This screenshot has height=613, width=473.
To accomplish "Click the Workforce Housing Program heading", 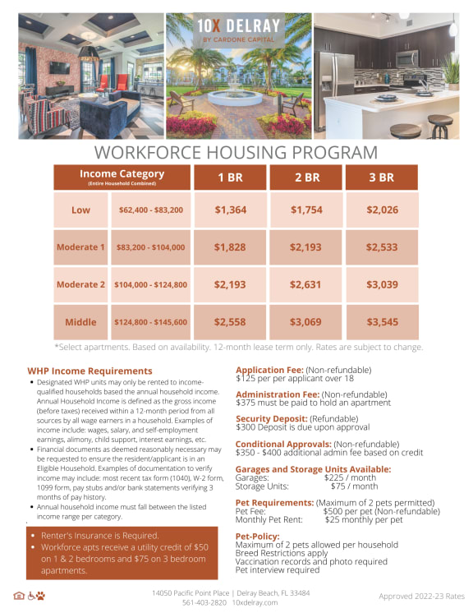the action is pyautogui.click(x=236, y=152).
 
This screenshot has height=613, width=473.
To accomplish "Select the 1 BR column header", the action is pyautogui.click(x=230, y=177).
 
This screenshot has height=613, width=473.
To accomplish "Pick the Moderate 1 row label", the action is pyautogui.click(x=80, y=247).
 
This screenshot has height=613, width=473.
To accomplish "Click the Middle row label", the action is pyautogui.click(x=80, y=322).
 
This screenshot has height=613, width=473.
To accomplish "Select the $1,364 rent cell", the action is pyautogui.click(x=230, y=210).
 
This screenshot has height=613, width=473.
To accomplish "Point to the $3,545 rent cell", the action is pyautogui.click(x=382, y=322).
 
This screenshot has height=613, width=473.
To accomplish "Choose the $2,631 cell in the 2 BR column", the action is pyautogui.click(x=306, y=284).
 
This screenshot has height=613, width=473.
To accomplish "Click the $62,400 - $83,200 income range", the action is pyautogui.click(x=150, y=210).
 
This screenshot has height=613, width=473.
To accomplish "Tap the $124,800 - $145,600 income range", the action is pyautogui.click(x=150, y=322).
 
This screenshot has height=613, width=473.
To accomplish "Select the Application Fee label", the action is pyautogui.click(x=270, y=370).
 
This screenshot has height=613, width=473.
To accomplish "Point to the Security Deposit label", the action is pyautogui.click(x=273, y=418).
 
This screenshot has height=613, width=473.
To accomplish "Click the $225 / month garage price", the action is pyautogui.click(x=351, y=477).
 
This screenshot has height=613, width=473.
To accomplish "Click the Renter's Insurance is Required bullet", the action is pyautogui.click(x=94, y=534).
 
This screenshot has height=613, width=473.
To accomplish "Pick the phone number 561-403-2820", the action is pyautogui.click(x=204, y=602).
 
